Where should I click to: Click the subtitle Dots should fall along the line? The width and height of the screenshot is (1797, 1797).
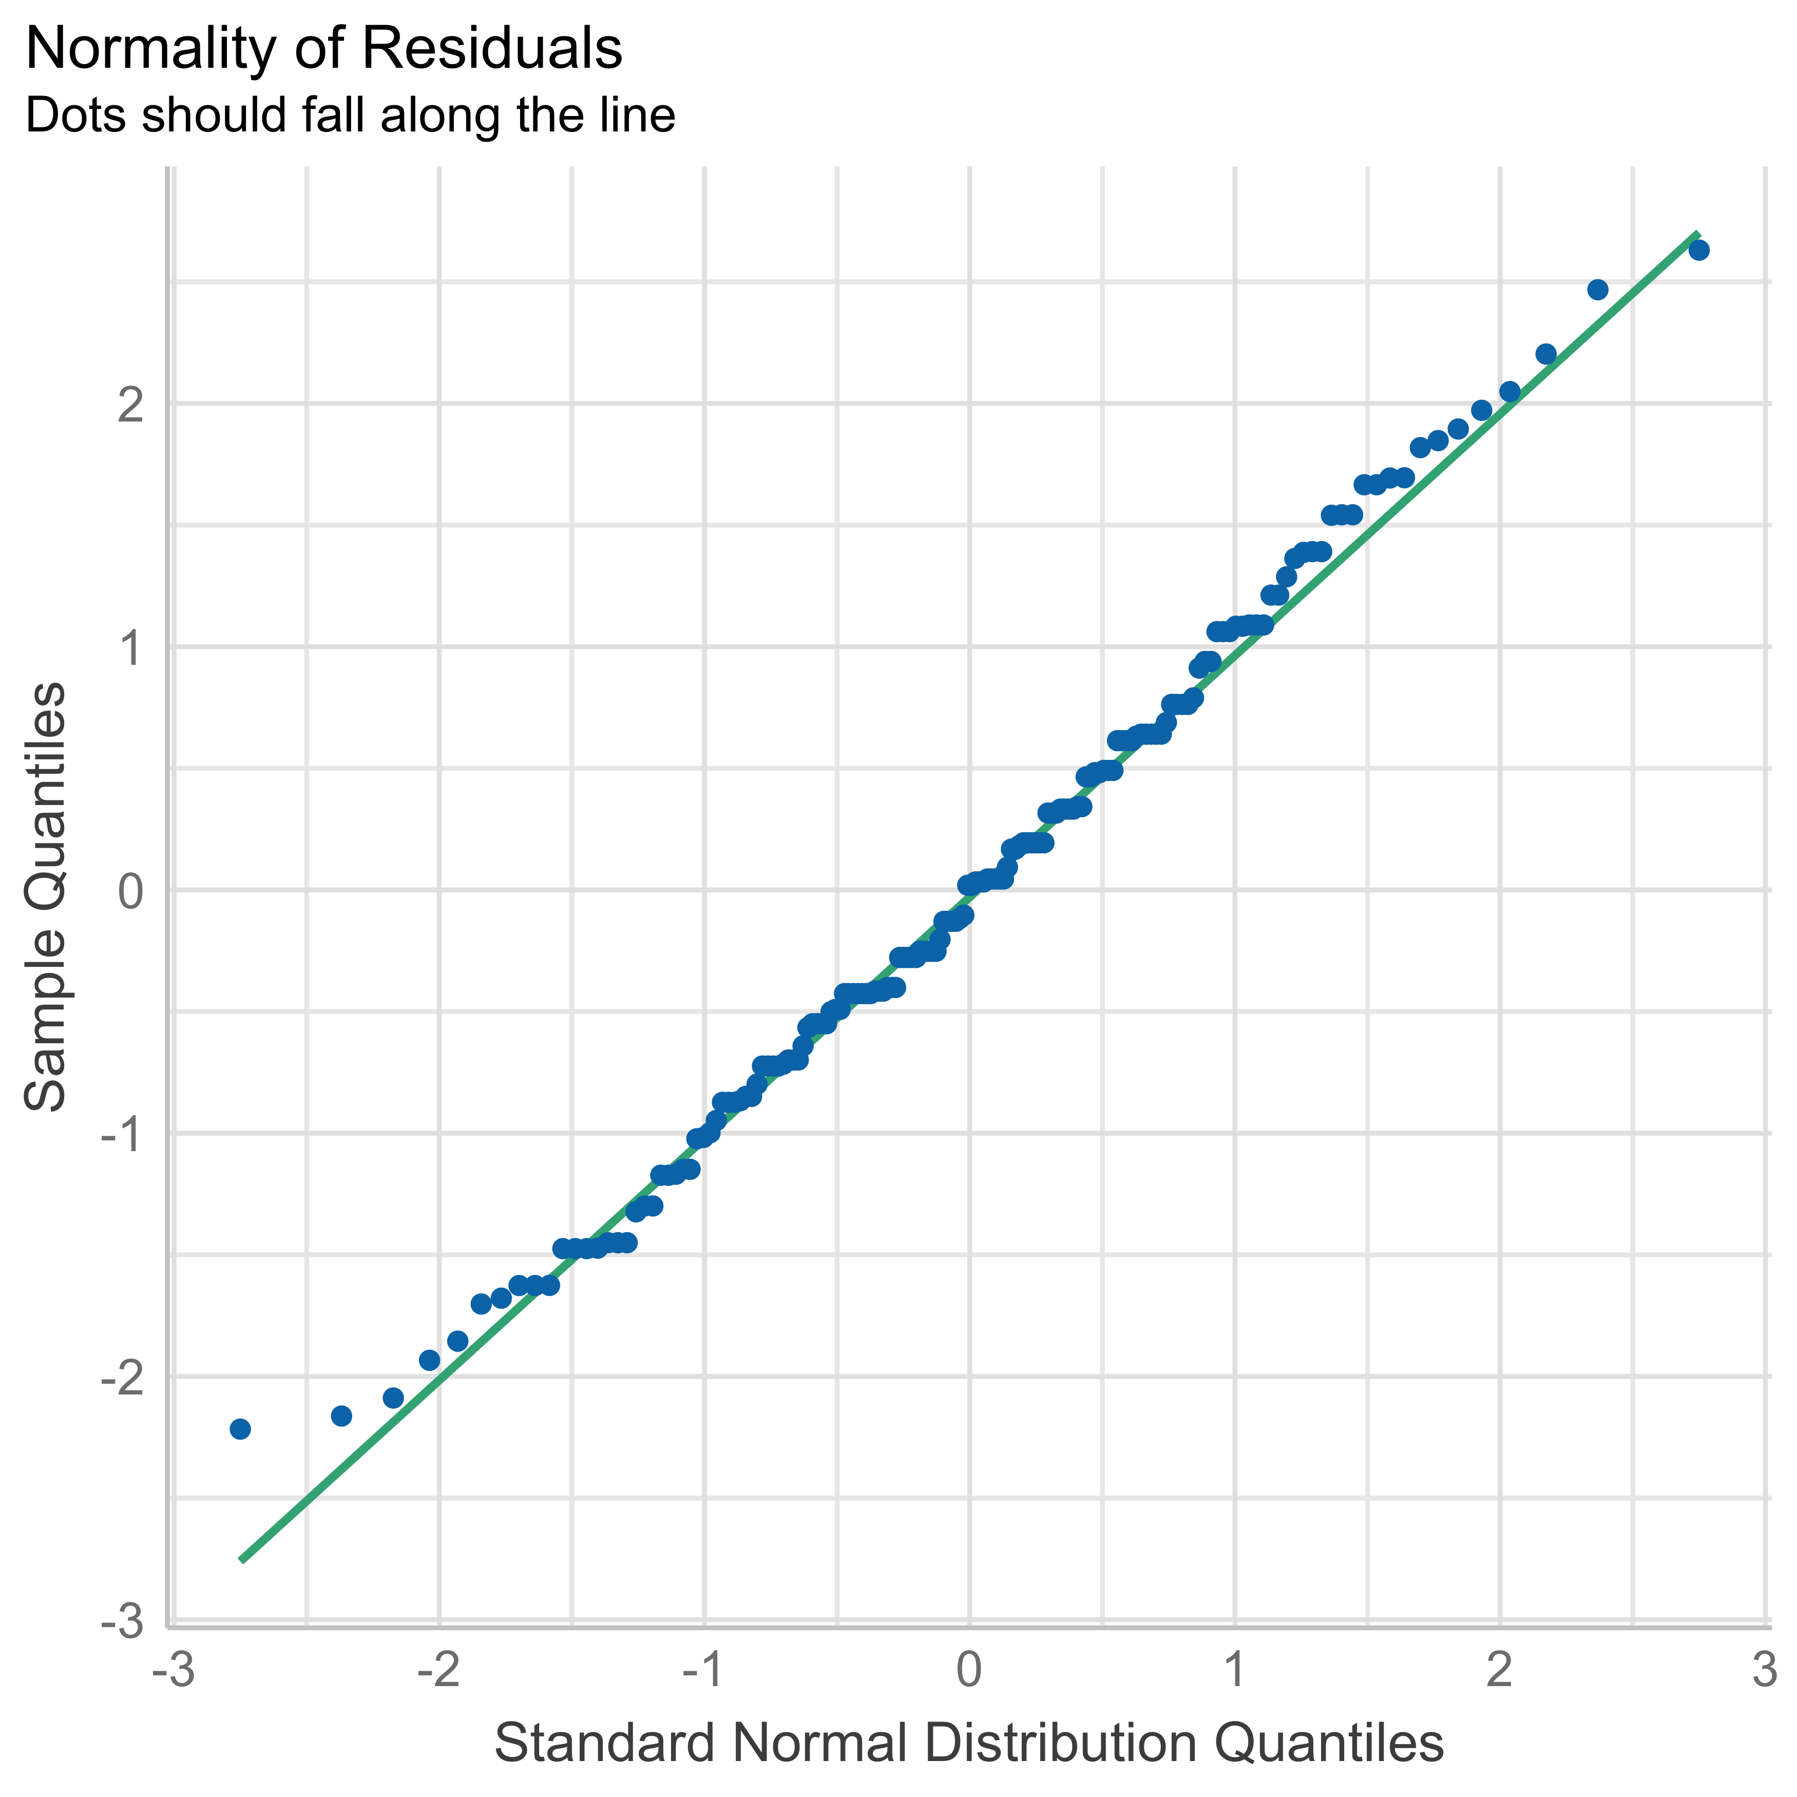click(350, 116)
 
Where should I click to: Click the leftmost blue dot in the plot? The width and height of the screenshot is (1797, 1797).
click(240, 1429)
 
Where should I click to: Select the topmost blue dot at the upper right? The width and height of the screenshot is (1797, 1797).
click(1698, 250)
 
